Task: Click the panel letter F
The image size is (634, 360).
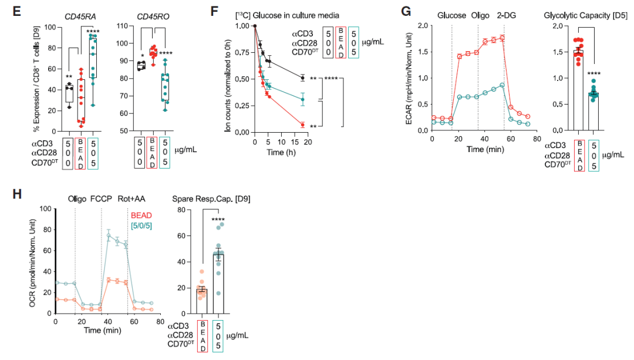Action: pyautogui.click(x=215, y=11)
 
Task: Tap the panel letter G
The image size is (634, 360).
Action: pyautogui.click(x=405, y=11)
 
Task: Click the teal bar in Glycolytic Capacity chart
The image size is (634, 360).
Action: pyautogui.click(x=594, y=112)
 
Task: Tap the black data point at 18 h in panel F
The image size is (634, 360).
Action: pyautogui.click(x=302, y=78)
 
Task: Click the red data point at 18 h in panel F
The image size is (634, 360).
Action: pyautogui.click(x=302, y=125)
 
